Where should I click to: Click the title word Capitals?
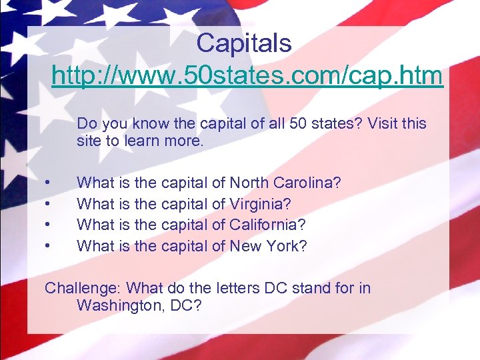(x=244, y=44)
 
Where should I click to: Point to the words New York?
(x=268, y=247)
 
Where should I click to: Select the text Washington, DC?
(x=138, y=306)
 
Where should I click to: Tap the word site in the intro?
(x=89, y=142)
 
